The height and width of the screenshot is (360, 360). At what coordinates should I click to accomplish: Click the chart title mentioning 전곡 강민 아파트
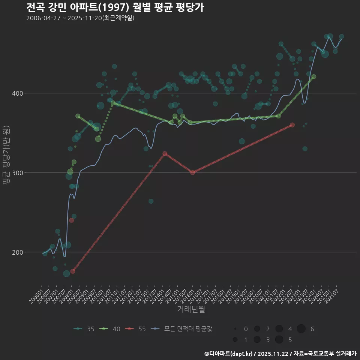115,7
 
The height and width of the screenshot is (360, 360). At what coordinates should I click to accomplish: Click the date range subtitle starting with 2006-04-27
80,18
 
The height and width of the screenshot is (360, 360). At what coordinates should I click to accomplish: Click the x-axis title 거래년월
191,309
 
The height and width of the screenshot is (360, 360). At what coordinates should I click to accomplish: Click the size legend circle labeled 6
301,329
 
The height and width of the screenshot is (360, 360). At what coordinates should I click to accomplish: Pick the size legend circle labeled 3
257,340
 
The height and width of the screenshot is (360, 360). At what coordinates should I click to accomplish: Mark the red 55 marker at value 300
192,172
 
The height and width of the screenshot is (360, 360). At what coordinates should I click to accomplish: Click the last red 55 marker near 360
292,125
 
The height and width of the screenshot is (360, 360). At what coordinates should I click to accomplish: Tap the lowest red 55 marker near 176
73,271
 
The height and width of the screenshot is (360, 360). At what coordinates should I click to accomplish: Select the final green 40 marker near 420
314,76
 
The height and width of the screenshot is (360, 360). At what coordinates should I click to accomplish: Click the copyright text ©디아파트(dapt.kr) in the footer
229,354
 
